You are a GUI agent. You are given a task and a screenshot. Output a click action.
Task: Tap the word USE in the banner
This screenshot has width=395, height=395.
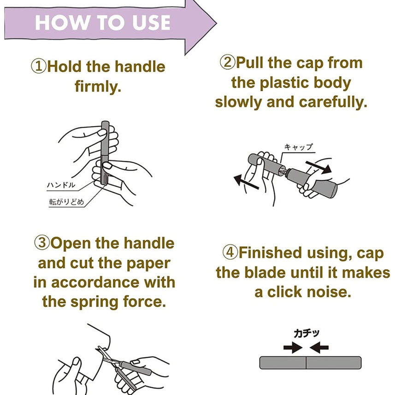pyautogui.click(x=151, y=23)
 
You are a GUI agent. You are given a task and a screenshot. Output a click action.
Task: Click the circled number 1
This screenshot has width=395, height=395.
pyautogui.click(x=39, y=66)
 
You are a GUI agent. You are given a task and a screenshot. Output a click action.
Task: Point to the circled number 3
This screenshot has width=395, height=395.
pyautogui.click(x=42, y=242)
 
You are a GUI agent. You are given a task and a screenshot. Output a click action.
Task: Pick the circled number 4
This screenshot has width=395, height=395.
pyautogui.click(x=230, y=252)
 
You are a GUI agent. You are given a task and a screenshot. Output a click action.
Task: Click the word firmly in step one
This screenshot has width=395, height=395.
pyautogui.click(x=98, y=87)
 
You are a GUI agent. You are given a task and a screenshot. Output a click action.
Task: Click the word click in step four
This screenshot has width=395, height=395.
pyautogui.click(x=284, y=292)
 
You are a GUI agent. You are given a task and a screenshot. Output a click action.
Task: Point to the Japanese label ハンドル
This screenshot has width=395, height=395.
pyautogui.click(x=61, y=185)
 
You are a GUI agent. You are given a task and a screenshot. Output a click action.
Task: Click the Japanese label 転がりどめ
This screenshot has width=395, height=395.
pyautogui.click(x=66, y=202)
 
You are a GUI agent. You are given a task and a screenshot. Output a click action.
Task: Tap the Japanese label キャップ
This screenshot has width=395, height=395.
pyautogui.click(x=299, y=147)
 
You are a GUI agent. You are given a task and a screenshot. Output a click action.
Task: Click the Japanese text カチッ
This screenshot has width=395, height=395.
pyautogui.click(x=307, y=333)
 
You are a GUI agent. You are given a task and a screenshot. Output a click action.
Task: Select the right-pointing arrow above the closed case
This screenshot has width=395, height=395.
pyautogui.click(x=293, y=348)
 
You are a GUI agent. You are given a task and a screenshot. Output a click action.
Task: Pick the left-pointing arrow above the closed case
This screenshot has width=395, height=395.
pyautogui.click(x=319, y=348)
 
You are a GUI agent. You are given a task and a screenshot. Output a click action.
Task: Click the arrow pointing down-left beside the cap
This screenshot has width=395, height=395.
pyautogui.click(x=246, y=182)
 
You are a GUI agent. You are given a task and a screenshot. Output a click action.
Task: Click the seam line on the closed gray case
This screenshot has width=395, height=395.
pyautogui.click(x=306, y=363)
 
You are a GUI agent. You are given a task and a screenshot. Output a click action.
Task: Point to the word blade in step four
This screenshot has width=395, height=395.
pyautogui.click(x=267, y=273)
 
